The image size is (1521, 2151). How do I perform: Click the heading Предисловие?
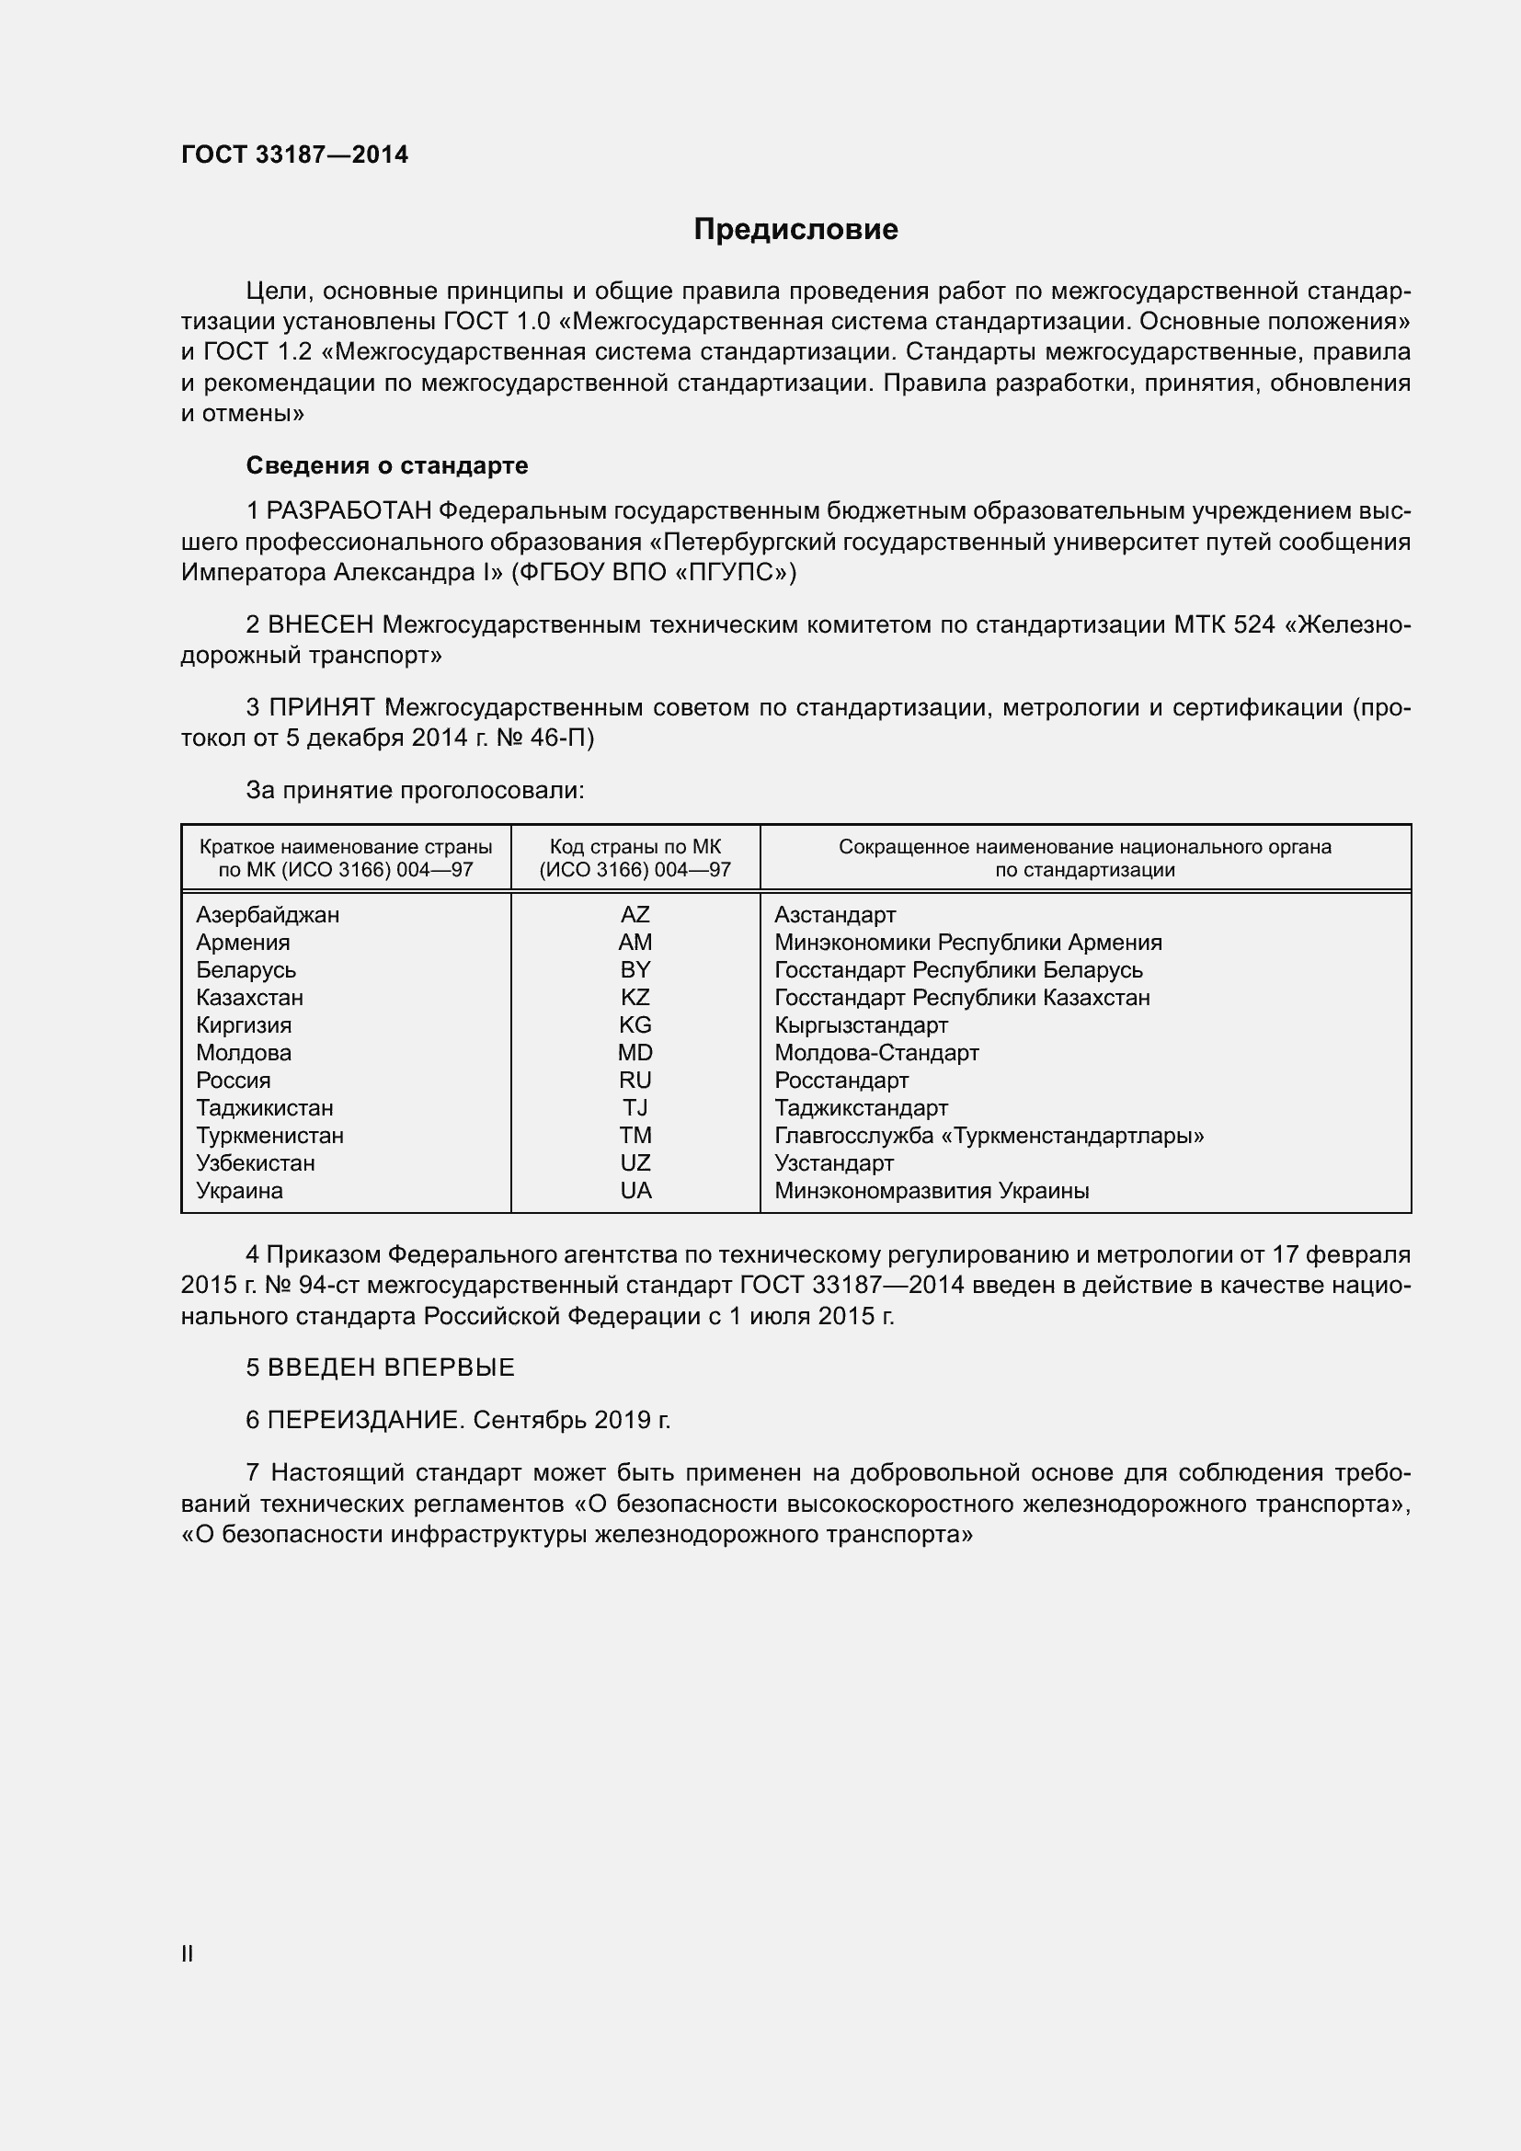pos(795,230)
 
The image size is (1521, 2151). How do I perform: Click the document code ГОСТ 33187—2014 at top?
pos(295,155)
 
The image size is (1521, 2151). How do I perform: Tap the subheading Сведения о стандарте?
pos(387,465)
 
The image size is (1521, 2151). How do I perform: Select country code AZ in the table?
pos(635,914)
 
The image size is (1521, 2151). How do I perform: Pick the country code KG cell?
pos(635,1024)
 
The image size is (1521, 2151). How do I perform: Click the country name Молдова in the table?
pos(244,1053)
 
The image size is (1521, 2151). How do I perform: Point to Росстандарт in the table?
pos(841,1081)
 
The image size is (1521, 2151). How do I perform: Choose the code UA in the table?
pos(635,1191)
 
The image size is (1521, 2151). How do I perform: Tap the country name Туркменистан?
pos(269,1136)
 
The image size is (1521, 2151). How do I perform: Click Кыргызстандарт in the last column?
pos(861,1024)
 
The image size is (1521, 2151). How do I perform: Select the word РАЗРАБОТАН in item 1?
pos(349,511)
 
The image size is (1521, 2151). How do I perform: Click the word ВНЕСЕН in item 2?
pos(320,624)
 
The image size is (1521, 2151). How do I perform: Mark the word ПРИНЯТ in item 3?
pos(322,707)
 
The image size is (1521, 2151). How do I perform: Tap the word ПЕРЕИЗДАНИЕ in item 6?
pos(364,1420)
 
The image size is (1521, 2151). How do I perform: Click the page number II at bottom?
pos(188,1954)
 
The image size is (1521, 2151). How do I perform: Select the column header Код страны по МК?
pos(635,847)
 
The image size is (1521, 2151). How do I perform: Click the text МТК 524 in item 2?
pos(1224,624)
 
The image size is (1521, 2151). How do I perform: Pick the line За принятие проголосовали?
pos(415,791)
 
